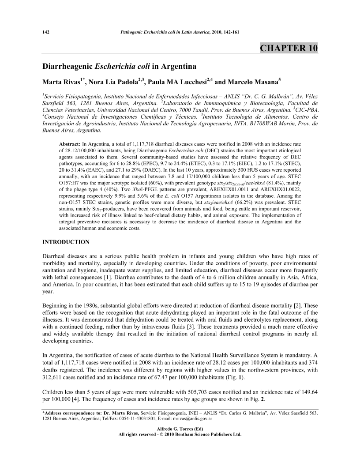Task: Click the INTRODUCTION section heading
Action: tap(66, 242)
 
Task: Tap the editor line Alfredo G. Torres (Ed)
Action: tap(180, 429)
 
